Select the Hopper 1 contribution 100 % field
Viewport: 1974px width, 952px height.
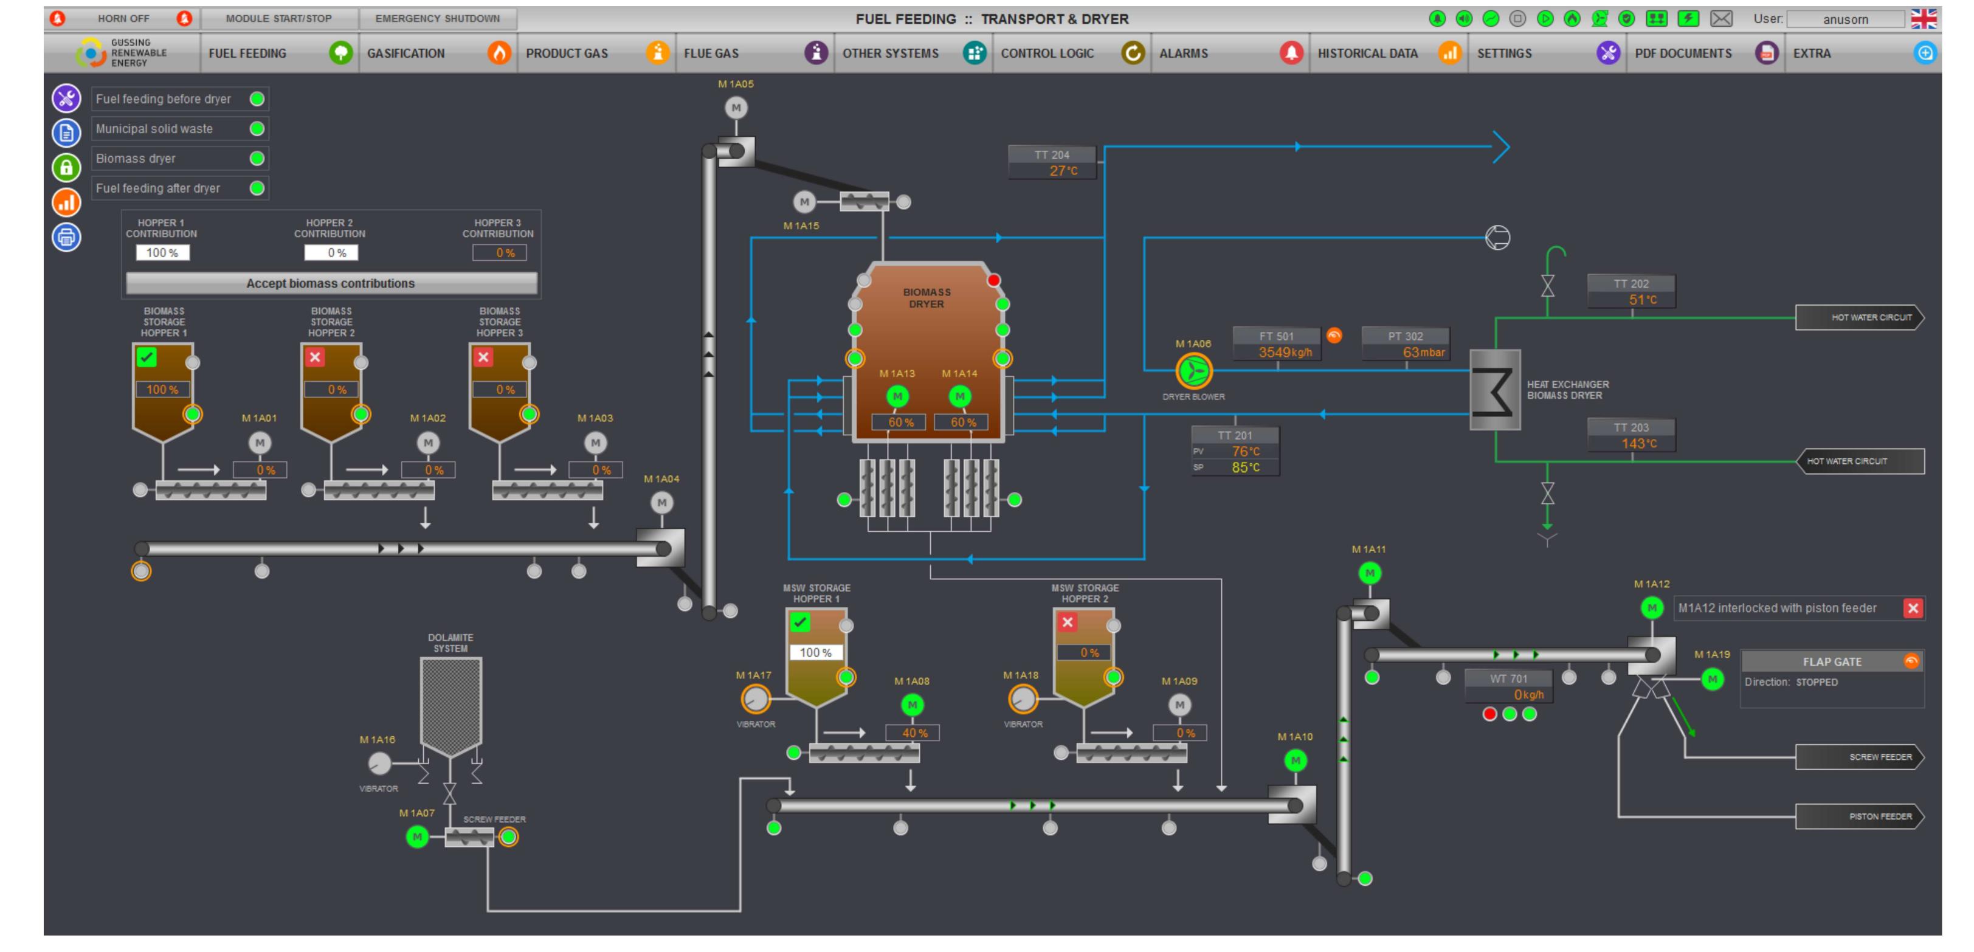coord(162,253)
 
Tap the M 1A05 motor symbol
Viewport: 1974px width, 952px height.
coord(736,108)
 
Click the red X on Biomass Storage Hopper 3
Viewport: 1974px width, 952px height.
coord(483,357)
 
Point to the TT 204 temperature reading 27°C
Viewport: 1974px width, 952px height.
coord(1062,171)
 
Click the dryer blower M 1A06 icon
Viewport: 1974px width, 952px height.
coord(1193,371)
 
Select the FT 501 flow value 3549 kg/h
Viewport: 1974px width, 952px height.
coord(1285,353)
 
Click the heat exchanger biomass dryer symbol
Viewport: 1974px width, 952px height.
coord(1494,390)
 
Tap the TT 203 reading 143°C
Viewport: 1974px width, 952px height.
coord(1638,444)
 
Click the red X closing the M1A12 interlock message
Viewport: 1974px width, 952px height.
coord(1913,609)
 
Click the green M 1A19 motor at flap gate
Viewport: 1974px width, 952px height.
coord(1712,679)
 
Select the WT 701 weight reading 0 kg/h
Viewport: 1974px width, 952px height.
coord(1527,694)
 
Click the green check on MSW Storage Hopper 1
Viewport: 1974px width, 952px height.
coord(800,622)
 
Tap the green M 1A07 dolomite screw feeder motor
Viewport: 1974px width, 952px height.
coord(417,837)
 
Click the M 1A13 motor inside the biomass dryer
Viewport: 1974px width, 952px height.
coord(897,396)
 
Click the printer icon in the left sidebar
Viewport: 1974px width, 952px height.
coord(67,237)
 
